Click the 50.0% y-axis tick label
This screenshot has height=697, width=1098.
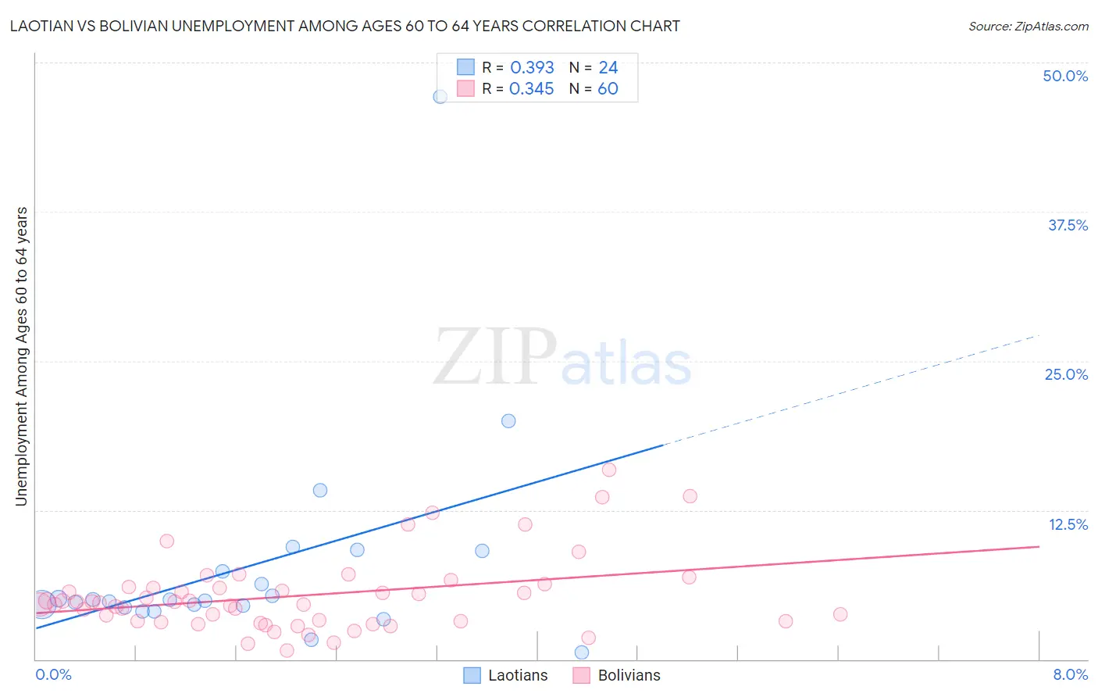(x=1065, y=76)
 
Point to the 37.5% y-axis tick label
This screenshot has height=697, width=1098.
(x=1068, y=225)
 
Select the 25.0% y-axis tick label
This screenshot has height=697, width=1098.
(x=1066, y=374)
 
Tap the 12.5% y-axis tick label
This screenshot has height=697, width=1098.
(x=1068, y=524)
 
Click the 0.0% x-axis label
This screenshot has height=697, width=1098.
(x=53, y=674)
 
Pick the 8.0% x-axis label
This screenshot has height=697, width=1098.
(x=1070, y=674)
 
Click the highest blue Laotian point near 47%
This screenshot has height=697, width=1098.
(x=440, y=97)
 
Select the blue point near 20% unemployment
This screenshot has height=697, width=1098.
(x=508, y=421)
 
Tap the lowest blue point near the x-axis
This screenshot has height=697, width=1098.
(x=582, y=652)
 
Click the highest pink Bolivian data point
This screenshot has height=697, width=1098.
(x=609, y=470)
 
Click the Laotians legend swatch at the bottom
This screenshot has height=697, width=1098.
(x=472, y=675)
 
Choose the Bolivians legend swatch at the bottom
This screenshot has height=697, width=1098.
(x=581, y=675)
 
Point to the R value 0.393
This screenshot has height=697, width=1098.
(x=532, y=68)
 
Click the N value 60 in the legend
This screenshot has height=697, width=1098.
(x=608, y=89)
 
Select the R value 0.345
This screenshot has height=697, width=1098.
(x=531, y=89)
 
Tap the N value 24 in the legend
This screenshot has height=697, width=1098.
(x=608, y=68)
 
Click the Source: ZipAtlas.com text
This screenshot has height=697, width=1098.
(x=1028, y=27)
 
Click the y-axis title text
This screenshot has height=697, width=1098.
(x=22, y=356)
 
